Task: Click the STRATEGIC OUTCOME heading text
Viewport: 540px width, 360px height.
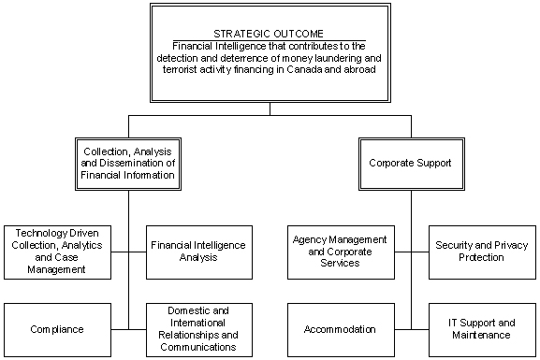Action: click(x=270, y=35)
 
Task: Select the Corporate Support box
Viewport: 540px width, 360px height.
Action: click(x=410, y=162)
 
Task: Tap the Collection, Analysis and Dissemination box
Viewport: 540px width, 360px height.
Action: click(x=128, y=162)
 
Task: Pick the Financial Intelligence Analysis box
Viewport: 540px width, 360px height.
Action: click(x=197, y=252)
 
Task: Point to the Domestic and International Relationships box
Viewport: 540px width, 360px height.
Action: click(x=197, y=329)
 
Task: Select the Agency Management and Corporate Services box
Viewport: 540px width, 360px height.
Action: click(x=339, y=252)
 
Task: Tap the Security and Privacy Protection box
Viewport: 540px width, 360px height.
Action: click(x=482, y=252)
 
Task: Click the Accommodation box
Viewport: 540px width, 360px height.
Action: click(x=339, y=329)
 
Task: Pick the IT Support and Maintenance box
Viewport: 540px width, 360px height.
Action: click(x=482, y=329)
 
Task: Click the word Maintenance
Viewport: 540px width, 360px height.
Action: click(x=482, y=335)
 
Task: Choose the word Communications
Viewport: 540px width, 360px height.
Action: click(x=197, y=347)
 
